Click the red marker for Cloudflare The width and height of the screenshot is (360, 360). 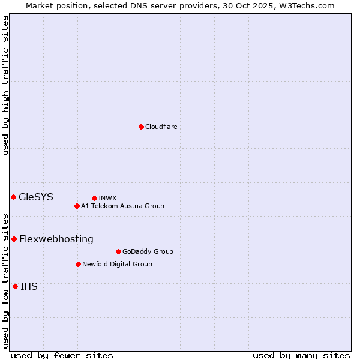click(x=141, y=127)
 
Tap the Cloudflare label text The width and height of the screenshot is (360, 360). click(x=161, y=127)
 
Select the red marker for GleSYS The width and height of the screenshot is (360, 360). click(x=13, y=197)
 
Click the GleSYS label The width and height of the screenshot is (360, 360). click(x=36, y=197)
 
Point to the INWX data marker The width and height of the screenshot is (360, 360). click(x=94, y=198)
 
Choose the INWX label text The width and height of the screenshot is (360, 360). click(x=107, y=198)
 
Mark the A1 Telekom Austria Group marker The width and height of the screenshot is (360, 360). click(x=77, y=206)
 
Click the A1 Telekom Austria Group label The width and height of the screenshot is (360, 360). click(x=122, y=206)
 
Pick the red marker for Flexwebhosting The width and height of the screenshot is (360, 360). click(x=14, y=239)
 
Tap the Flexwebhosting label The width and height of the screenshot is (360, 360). click(x=56, y=239)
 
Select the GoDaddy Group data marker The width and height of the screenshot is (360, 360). click(x=118, y=251)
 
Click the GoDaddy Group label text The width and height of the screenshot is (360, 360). click(x=148, y=251)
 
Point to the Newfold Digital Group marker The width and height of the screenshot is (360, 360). click(x=78, y=264)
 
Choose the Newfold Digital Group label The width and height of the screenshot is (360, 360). click(x=117, y=264)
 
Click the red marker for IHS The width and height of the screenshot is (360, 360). click(x=15, y=286)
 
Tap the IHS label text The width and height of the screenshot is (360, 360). click(x=29, y=286)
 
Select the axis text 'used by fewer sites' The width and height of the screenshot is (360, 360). click(x=62, y=355)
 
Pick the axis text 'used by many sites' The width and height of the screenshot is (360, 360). click(x=301, y=355)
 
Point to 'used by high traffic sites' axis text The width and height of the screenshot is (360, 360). click(x=5, y=85)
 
